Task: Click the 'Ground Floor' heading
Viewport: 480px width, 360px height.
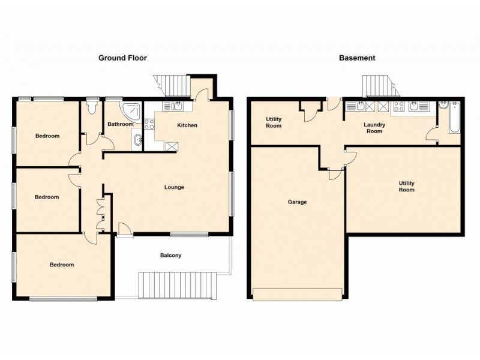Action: point(122,58)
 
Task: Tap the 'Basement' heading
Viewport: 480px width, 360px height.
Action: point(357,58)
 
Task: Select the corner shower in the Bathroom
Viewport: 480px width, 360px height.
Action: point(130,109)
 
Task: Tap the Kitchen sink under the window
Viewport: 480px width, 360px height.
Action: point(173,107)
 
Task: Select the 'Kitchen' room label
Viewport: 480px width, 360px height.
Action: point(187,125)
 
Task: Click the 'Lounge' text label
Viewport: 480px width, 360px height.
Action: point(174,187)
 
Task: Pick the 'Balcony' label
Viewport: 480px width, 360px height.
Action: point(170,256)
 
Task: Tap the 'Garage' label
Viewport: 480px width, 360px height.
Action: point(297,202)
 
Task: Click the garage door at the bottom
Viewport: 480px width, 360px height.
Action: point(298,294)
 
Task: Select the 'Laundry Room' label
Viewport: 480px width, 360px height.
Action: point(374,128)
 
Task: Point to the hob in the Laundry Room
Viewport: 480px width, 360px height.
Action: point(398,107)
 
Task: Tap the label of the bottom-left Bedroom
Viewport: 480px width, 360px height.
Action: point(62,265)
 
